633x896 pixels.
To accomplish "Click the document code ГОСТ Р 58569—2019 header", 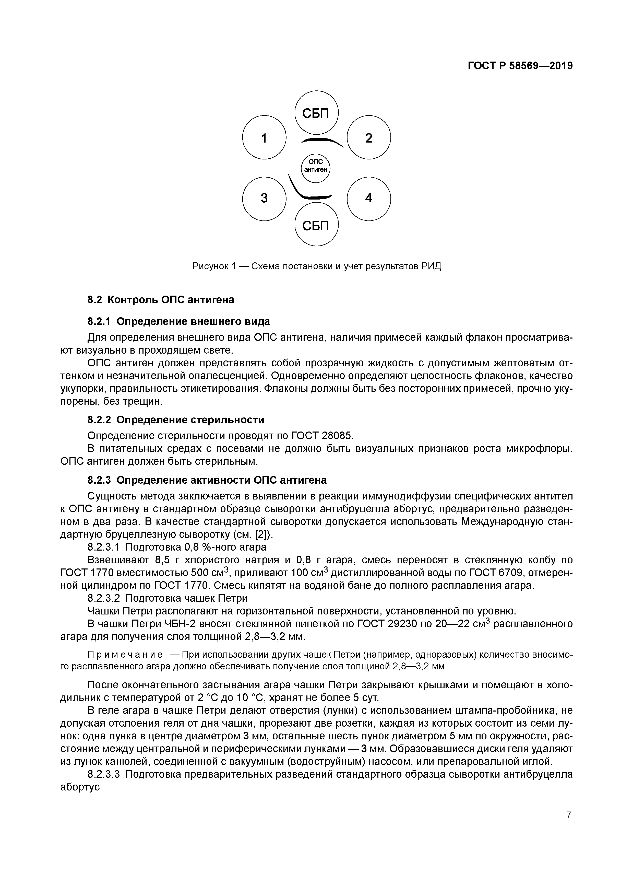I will tap(520, 66).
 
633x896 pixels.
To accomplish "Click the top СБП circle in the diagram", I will tap(316, 113).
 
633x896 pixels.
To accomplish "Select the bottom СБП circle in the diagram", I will tap(316, 225).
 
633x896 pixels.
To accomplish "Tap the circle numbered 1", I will tap(264, 137).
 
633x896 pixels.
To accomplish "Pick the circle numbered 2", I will tap(368, 137).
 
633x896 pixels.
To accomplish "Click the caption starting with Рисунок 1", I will tap(316, 266).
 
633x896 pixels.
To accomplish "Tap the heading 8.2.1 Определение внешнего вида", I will tap(178, 321).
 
